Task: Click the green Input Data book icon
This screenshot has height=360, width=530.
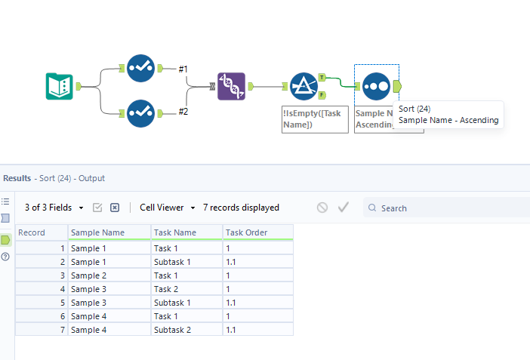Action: [60, 86]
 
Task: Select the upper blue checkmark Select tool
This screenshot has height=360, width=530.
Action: [140, 68]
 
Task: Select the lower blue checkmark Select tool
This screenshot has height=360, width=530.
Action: [140, 113]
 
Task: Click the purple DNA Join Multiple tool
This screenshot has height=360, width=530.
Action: [231, 86]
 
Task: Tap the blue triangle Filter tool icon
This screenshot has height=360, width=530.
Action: [303, 86]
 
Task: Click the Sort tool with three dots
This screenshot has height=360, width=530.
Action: [375, 86]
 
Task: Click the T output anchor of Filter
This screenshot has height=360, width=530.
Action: [322, 77]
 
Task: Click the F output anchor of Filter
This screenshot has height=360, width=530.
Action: [322, 95]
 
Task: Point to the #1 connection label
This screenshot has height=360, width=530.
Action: [183, 69]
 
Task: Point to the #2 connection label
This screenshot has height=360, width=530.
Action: [183, 112]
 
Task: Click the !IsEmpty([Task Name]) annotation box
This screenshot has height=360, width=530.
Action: [315, 118]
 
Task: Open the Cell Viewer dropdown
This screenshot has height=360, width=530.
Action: [167, 208]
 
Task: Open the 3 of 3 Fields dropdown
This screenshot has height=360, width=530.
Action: [54, 208]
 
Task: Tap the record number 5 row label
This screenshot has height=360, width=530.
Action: [42, 302]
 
